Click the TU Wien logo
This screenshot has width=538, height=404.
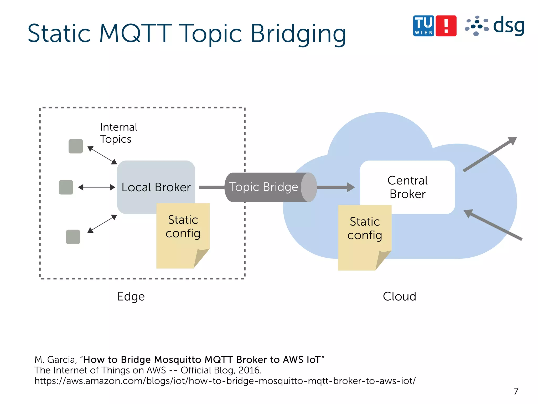click(423, 26)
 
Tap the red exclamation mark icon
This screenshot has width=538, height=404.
click(446, 26)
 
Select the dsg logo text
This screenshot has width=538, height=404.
click(508, 26)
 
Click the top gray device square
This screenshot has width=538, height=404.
click(76, 146)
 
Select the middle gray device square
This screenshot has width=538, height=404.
click(66, 187)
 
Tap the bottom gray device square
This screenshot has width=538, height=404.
click(73, 237)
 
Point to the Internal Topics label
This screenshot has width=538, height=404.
click(118, 133)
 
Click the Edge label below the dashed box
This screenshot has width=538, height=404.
click(131, 296)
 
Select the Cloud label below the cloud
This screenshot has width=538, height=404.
click(399, 296)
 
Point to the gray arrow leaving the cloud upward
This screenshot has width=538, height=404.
click(490, 154)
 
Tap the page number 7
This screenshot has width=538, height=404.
click(516, 391)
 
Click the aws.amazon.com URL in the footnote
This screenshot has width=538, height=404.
click(225, 381)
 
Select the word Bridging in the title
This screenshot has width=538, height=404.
click(298, 34)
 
